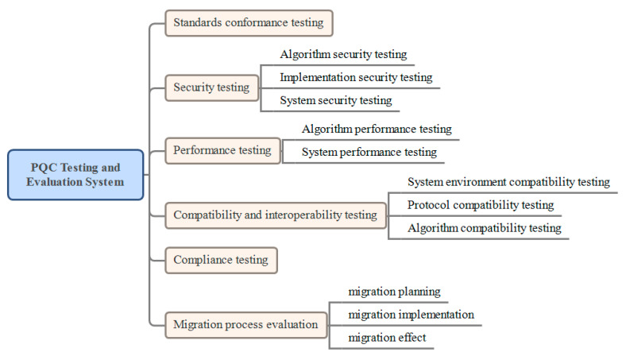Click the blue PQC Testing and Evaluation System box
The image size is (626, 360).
(75, 175)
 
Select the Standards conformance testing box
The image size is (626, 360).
(249, 23)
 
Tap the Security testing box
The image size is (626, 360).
(211, 87)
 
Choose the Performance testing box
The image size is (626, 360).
(222, 151)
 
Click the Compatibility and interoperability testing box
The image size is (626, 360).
(276, 215)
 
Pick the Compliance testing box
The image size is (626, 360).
(221, 260)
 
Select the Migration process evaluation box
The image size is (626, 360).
(246, 325)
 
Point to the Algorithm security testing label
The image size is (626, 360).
(343, 54)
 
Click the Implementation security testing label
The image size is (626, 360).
(356, 77)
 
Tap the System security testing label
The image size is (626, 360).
(336, 100)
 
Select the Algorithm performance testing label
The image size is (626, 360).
(377, 129)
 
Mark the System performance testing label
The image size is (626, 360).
(369, 153)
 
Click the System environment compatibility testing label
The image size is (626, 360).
(508, 182)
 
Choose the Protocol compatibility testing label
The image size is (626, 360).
(481, 205)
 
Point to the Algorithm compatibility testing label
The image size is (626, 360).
(485, 228)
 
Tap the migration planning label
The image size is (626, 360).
(395, 292)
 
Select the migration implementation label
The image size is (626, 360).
(412, 315)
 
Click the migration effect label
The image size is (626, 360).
(387, 338)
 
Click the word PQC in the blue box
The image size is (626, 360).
(44, 168)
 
